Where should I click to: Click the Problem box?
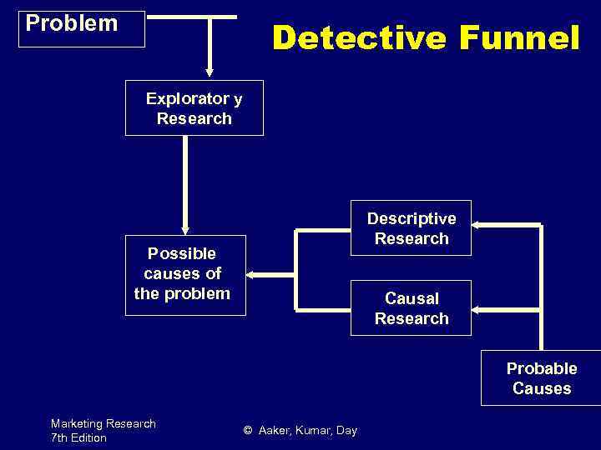click(82, 28)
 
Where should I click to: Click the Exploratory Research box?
click(194, 107)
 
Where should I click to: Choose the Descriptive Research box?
click(411, 227)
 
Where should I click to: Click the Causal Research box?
click(411, 307)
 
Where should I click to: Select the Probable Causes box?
click(541, 378)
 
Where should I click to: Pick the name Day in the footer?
click(346, 431)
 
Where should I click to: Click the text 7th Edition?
click(78, 437)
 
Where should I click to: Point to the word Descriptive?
click(412, 218)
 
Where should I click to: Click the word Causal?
click(412, 298)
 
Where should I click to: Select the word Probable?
click(542, 368)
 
